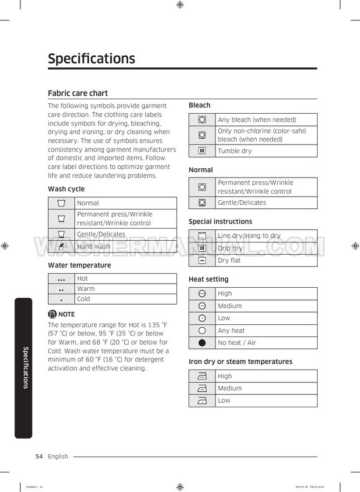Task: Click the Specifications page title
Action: coord(91,59)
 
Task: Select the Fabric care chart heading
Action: coord(77,93)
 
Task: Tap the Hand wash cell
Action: coord(93,247)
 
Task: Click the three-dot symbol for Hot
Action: coord(62,279)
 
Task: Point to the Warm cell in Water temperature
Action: coord(86,288)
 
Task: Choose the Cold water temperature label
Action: coord(84,299)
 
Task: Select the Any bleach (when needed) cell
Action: coord(257,120)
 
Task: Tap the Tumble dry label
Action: coord(235,151)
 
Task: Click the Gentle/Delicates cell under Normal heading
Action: coord(242,202)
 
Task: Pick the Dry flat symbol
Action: coord(202,261)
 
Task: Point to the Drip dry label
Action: coord(230,248)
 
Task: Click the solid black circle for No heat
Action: coord(202,343)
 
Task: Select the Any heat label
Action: coord(231,331)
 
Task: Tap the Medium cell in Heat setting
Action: coord(229,306)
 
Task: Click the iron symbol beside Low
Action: coord(202,400)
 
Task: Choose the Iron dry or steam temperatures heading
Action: coord(240,361)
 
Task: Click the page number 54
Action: coord(39,457)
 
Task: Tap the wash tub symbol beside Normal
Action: coord(62,203)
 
